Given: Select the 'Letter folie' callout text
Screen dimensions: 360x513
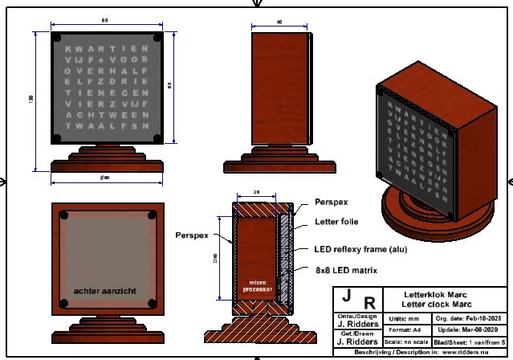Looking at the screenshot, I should point(336,221).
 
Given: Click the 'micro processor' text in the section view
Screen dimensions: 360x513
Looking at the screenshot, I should point(259,285).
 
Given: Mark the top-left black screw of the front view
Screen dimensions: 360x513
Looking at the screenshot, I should point(58,38).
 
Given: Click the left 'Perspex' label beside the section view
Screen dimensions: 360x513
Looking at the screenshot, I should point(191,235).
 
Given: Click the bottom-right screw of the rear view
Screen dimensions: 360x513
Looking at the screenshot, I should point(153,302).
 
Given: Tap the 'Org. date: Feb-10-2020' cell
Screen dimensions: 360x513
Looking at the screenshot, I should point(466,317).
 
